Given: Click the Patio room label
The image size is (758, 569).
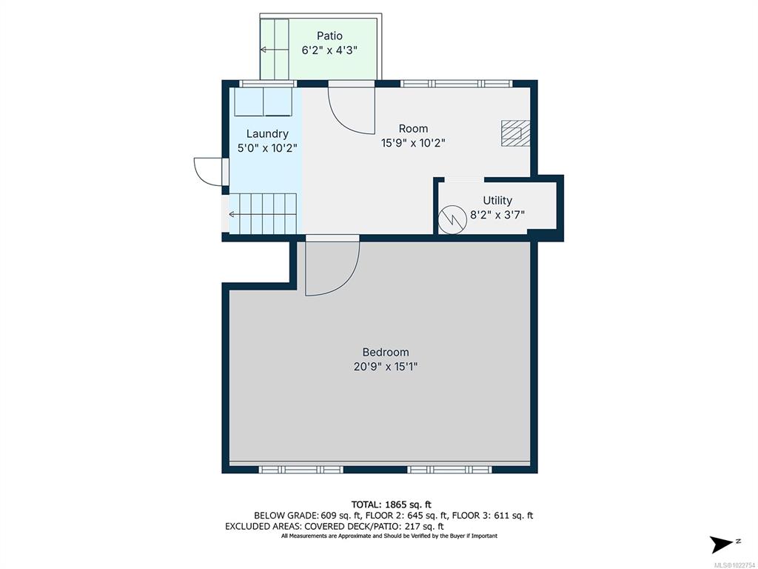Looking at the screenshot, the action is [x=329, y=36].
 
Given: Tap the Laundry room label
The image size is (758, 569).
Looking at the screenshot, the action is [x=267, y=134].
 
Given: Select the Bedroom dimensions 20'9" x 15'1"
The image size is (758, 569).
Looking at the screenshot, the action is [x=385, y=367].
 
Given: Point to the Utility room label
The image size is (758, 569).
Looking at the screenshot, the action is [x=497, y=200].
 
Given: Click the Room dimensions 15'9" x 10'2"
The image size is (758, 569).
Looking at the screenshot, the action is [x=413, y=143].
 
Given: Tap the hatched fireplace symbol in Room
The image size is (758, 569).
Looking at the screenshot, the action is [x=515, y=133].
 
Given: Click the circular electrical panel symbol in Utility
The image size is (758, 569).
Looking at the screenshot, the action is [x=452, y=220].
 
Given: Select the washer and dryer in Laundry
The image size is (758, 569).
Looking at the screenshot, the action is [x=264, y=102].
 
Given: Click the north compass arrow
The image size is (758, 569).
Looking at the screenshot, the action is [x=722, y=545].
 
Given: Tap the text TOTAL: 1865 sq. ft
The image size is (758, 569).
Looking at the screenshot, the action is [x=391, y=505].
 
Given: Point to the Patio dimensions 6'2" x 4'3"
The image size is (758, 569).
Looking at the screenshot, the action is [x=329, y=50].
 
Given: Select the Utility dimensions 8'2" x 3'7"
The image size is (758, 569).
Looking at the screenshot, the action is [x=497, y=215].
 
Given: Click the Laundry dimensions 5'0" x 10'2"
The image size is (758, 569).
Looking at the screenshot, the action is [x=267, y=148].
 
